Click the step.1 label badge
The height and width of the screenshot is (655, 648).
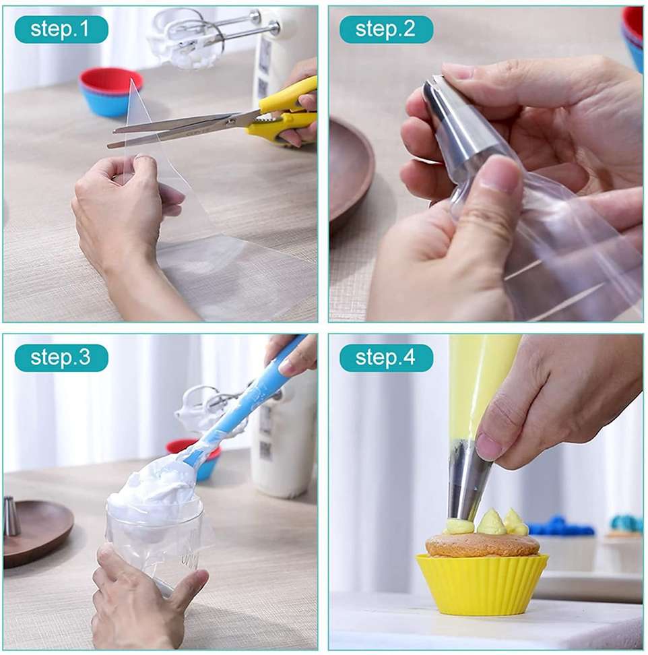point(61,29)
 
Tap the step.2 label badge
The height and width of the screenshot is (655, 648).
point(386,29)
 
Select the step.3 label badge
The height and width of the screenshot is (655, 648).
point(61,358)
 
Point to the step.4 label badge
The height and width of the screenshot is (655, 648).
point(386,358)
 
